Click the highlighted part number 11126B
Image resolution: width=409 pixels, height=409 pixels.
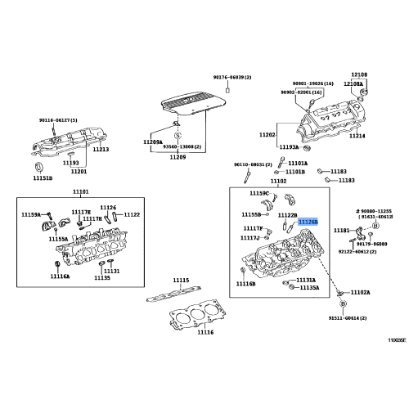(308, 221)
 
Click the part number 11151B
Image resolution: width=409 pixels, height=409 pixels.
(43, 178)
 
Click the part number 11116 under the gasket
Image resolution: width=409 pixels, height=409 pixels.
(182, 333)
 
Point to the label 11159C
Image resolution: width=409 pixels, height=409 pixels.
(258, 193)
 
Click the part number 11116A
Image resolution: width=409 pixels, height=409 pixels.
(61, 277)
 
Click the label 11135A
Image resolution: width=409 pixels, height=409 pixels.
(309, 288)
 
